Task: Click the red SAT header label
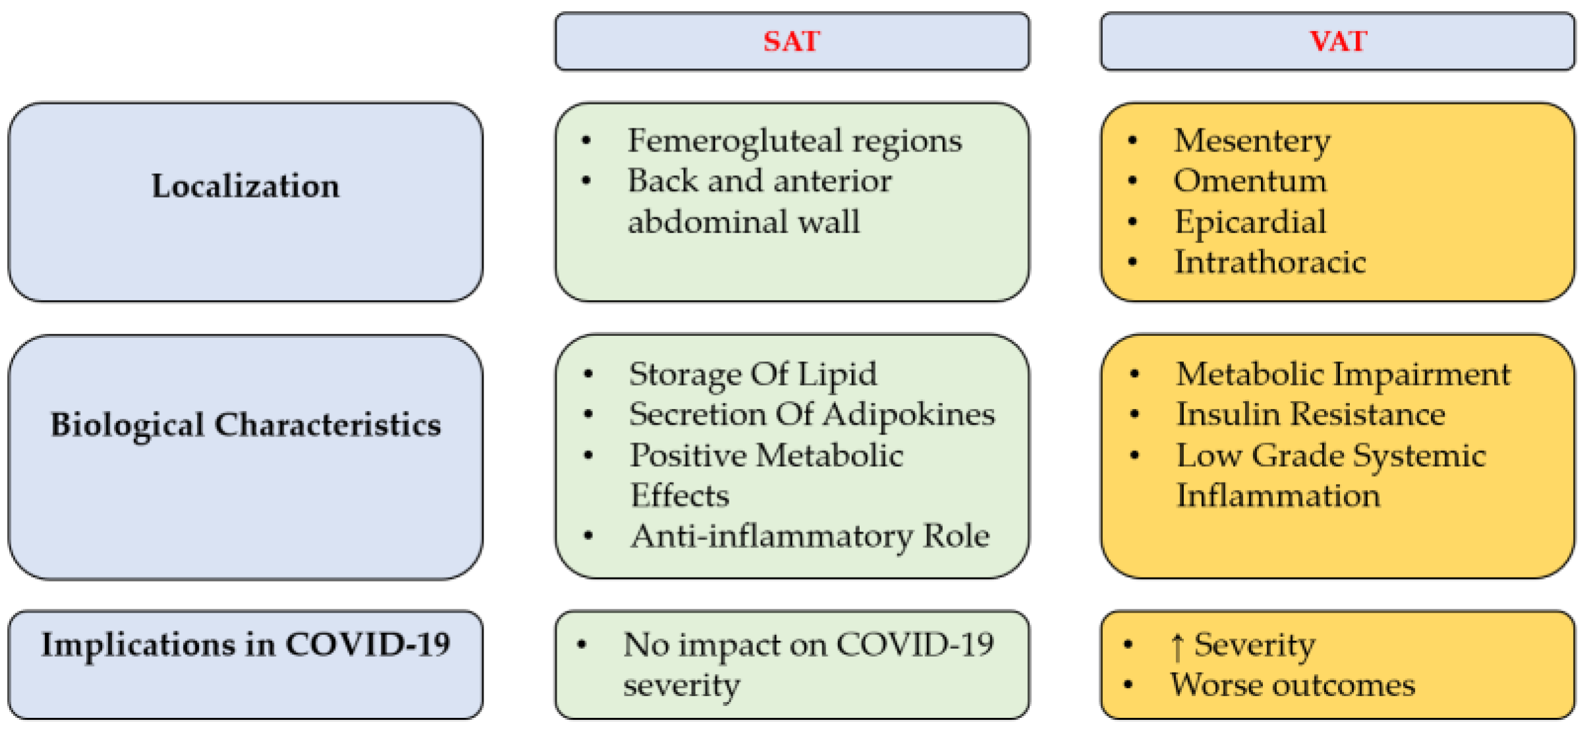[x=791, y=41]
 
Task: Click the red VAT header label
[x=1337, y=41]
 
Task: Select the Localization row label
[x=245, y=186]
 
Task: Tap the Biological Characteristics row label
[x=245, y=425]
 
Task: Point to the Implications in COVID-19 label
[x=245, y=644]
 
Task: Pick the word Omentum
[x=1250, y=181]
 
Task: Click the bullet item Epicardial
[x=1250, y=222]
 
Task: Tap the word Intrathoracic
[x=1269, y=262]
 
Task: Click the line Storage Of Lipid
[x=752, y=375]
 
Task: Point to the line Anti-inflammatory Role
[x=810, y=536]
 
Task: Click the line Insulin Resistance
[x=1310, y=415]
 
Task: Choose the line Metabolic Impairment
[x=1343, y=375]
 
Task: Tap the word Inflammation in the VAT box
[x=1278, y=496]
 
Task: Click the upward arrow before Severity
[x=1177, y=646]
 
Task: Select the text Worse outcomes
[x=1292, y=685]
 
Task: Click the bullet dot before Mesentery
[x=1132, y=140]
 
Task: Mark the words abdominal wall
[x=743, y=222]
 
